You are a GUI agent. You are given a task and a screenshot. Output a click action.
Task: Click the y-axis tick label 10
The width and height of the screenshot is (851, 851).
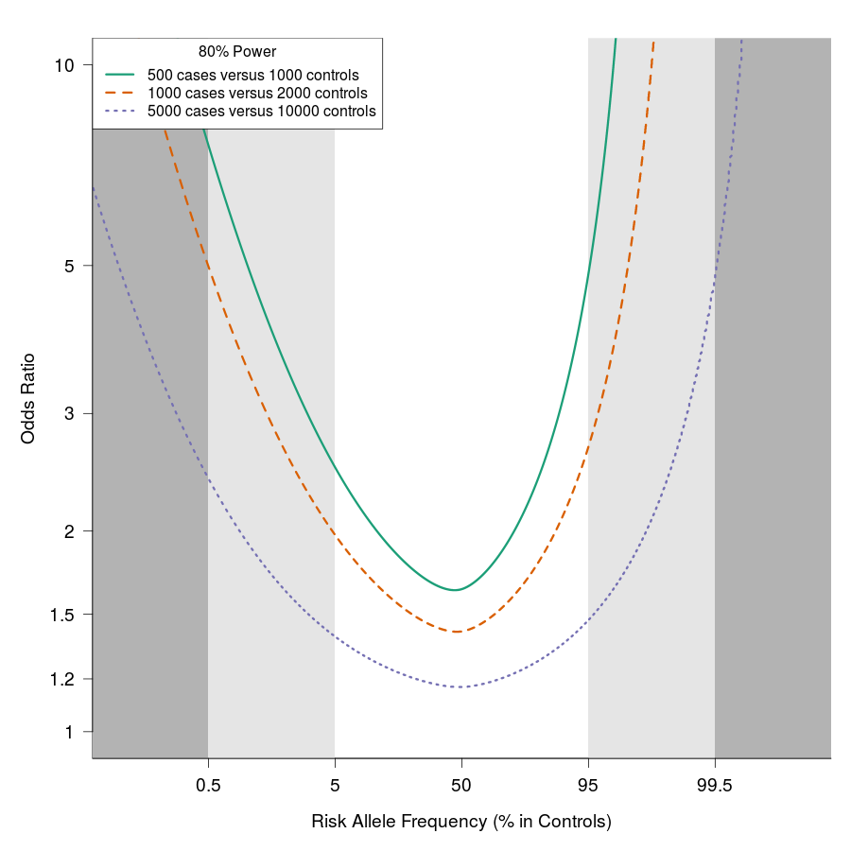coord(64,64)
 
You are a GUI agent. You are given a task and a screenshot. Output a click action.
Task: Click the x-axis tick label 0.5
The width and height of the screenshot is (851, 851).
coord(208,785)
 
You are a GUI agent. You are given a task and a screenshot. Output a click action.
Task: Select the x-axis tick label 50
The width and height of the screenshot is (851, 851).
coord(460,785)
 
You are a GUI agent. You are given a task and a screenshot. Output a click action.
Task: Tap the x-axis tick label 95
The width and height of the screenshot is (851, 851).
coord(588,785)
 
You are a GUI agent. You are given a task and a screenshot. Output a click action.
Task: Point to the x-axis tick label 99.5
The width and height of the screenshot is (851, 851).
coord(715,785)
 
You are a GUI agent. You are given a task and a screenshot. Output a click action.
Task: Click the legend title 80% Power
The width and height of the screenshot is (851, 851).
coord(237,52)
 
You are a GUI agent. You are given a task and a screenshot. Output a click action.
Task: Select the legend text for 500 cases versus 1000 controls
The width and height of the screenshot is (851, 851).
coord(252,75)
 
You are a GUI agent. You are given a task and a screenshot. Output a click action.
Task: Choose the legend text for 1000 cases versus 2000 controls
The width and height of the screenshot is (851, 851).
coord(257,94)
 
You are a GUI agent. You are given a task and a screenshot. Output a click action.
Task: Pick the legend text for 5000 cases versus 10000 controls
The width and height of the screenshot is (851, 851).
coord(262,112)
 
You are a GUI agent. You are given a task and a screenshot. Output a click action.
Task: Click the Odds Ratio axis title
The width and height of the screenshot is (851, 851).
coord(28,398)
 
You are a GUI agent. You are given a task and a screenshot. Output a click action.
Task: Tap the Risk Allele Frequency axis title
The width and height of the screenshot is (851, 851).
coord(461,822)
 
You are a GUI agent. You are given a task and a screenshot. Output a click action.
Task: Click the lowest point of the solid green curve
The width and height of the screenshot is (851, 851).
coord(456,590)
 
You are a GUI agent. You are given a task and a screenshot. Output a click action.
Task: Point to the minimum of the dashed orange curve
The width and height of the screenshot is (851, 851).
coord(458,632)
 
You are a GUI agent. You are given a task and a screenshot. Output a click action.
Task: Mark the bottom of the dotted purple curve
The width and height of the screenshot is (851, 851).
coord(460,686)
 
